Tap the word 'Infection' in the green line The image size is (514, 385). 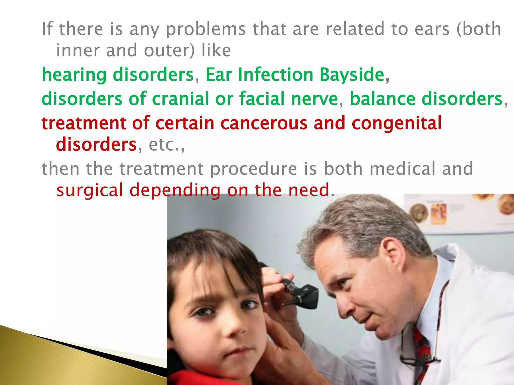(x=276, y=75)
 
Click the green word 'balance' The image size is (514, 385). (x=382, y=99)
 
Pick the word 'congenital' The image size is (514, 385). (x=397, y=123)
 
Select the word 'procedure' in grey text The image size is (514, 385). (x=253, y=169)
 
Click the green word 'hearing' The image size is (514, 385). (x=74, y=75)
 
